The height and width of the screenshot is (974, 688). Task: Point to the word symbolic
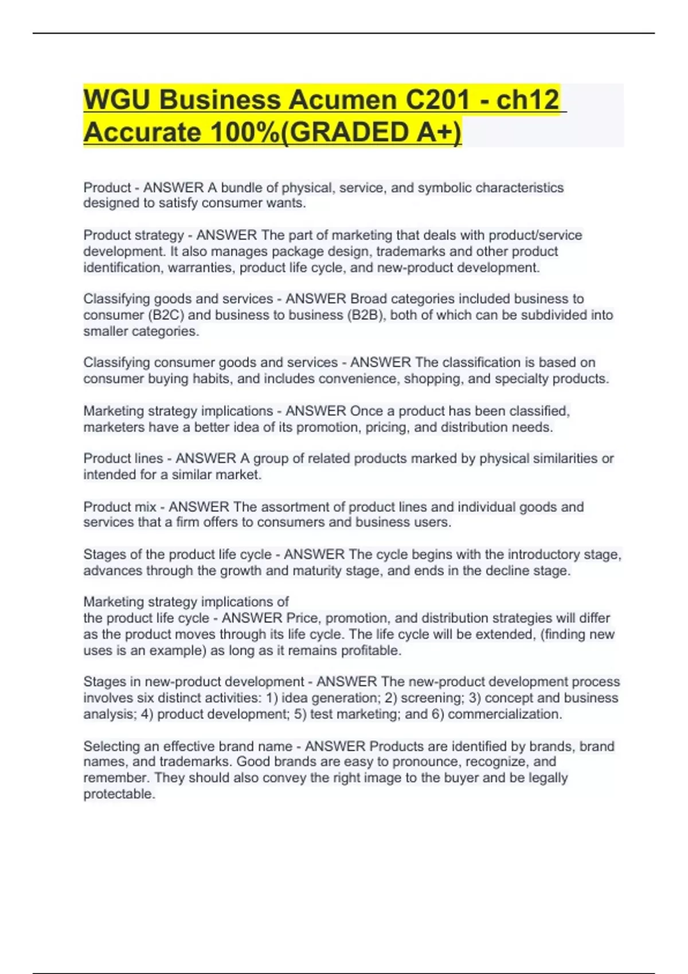(x=444, y=188)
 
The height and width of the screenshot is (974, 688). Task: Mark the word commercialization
(x=505, y=714)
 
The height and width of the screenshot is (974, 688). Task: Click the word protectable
(x=119, y=795)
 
